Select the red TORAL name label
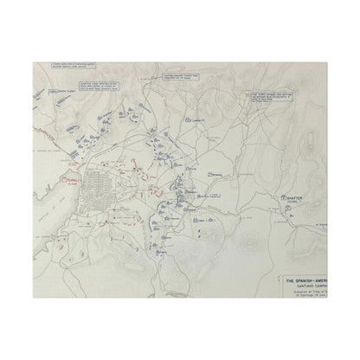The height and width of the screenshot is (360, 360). point(72,181)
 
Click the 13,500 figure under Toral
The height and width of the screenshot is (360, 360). point(73,185)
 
